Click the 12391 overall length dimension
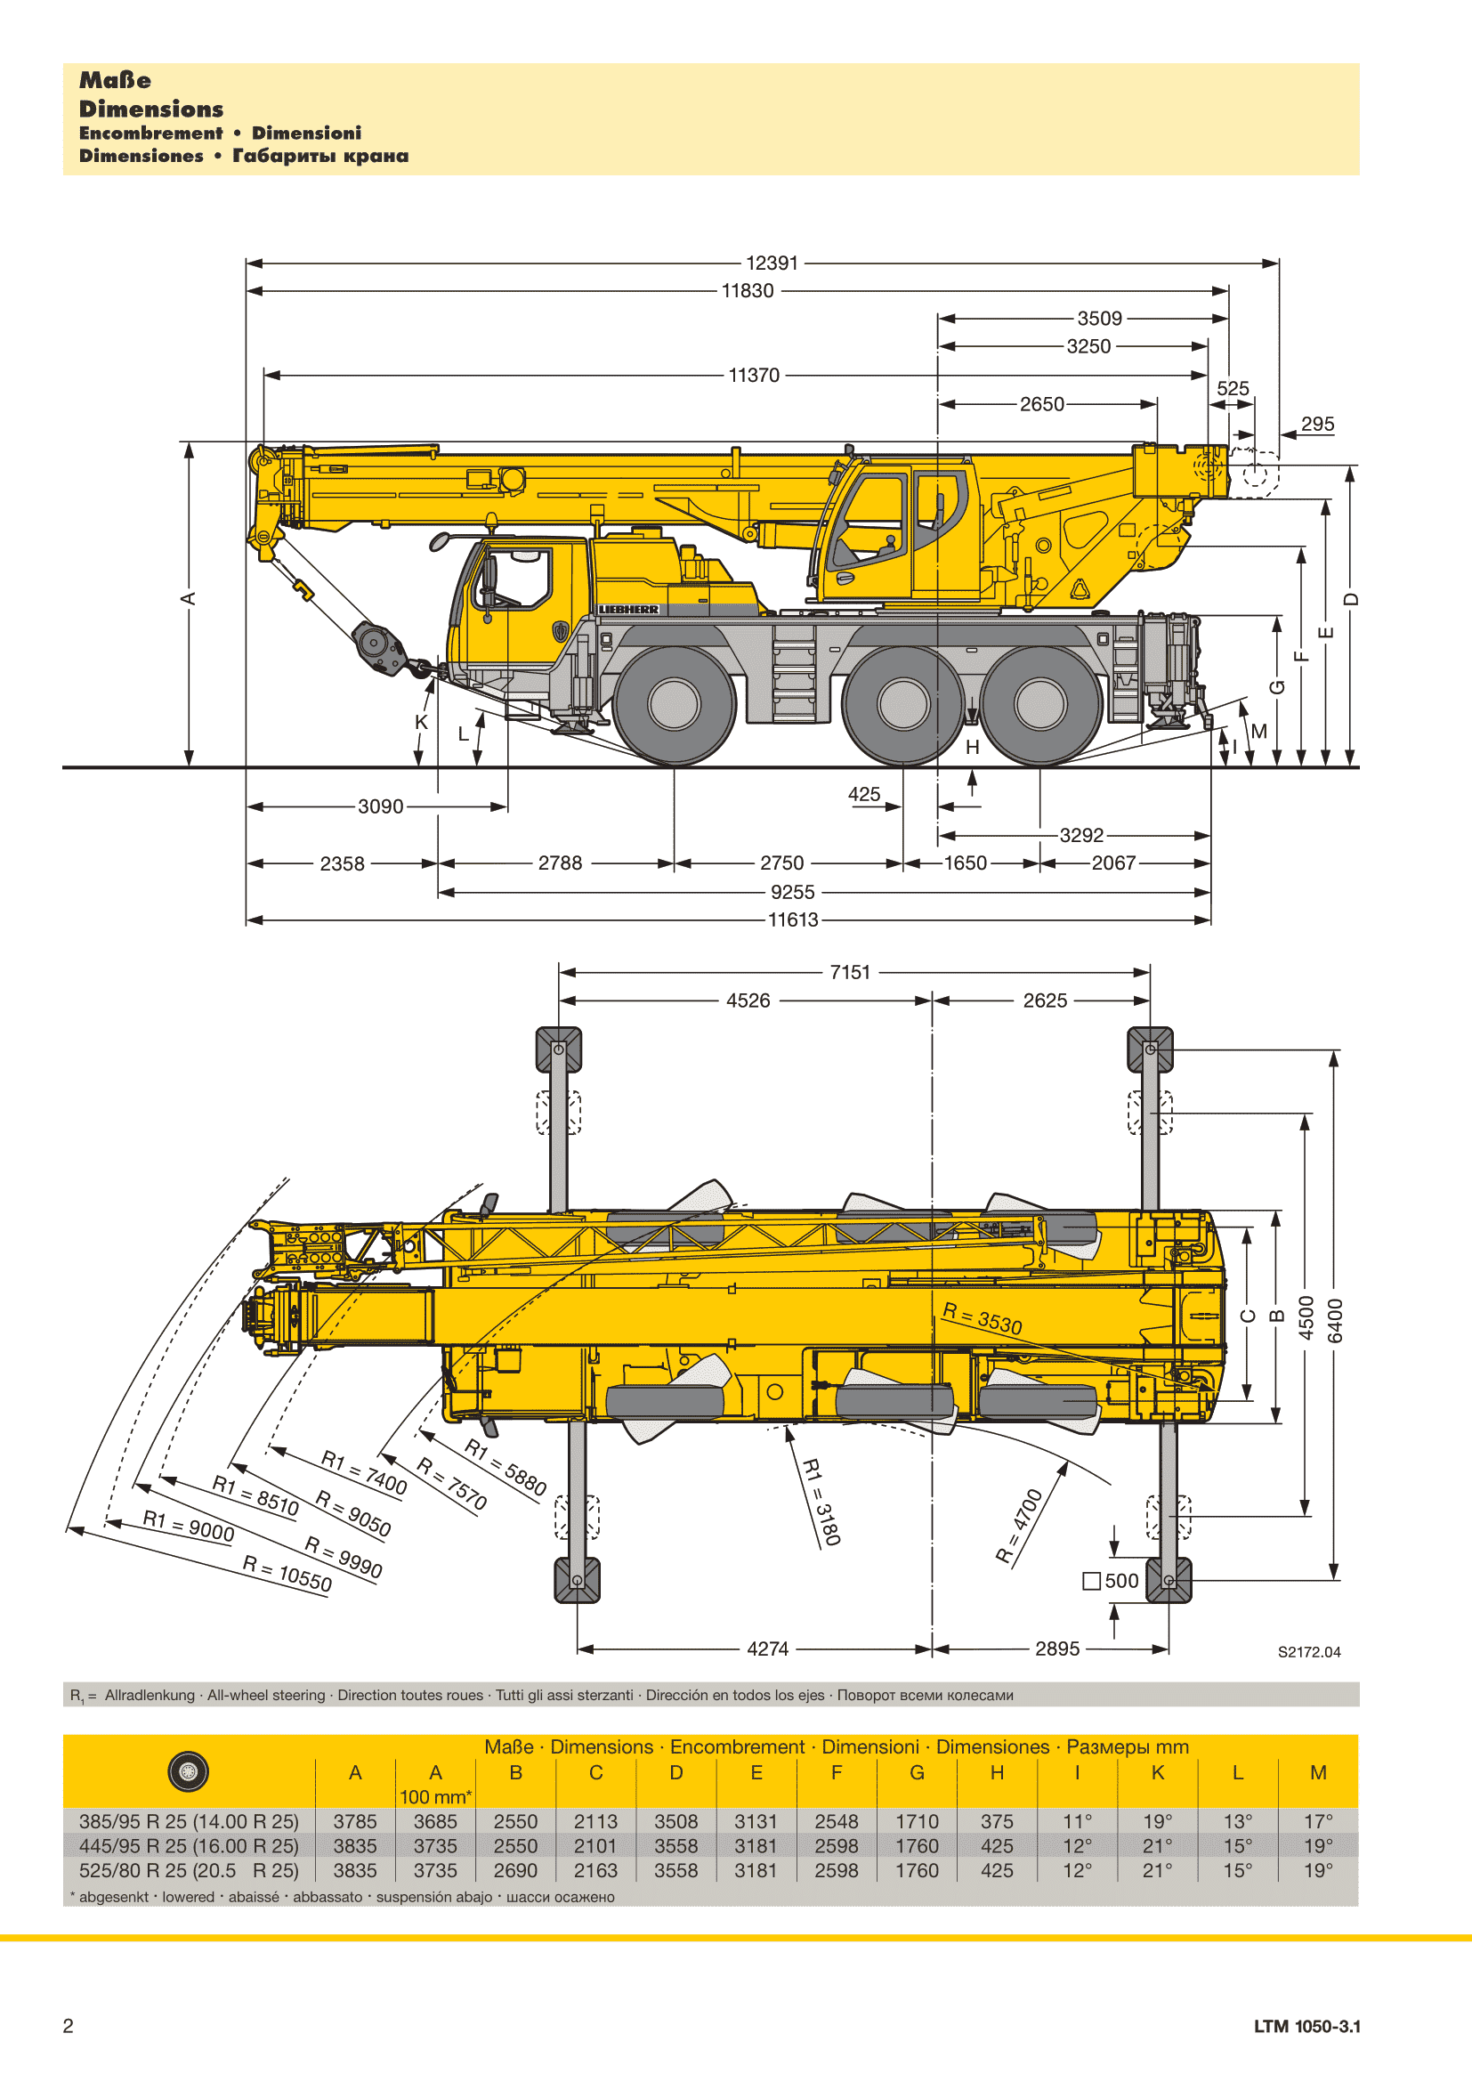point(772,263)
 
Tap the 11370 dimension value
point(754,376)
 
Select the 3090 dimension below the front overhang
point(381,806)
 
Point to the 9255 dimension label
point(793,892)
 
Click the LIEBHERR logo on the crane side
point(628,610)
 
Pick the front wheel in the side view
point(675,705)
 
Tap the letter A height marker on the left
point(189,598)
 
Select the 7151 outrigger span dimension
point(850,972)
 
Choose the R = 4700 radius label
point(1020,1527)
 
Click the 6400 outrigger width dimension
point(1335,1320)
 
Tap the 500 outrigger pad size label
point(1112,1581)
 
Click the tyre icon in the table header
point(189,1772)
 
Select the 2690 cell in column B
point(516,1871)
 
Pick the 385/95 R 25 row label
point(189,1821)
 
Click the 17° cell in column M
point(1318,1821)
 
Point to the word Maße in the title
point(115,80)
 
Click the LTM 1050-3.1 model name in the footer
point(1307,2027)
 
